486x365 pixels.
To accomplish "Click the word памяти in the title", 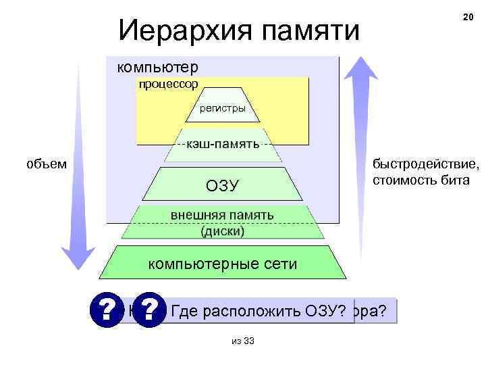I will coord(308,29).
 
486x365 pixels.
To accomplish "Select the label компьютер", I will coord(158,68).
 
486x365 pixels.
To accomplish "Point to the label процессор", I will coord(168,84).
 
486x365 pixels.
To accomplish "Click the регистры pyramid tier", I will coord(223,108).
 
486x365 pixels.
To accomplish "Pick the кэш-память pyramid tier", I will coord(223,145).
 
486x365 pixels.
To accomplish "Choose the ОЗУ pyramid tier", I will coord(223,185).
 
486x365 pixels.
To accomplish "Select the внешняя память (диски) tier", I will coord(222,222).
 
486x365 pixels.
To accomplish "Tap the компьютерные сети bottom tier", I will coord(222,264).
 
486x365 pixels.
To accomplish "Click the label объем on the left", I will coord(47,164).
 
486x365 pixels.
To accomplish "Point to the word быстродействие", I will coord(426,165).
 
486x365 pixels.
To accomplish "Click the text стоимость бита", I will coord(420,180).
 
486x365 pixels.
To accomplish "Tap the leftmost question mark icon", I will coord(106,310).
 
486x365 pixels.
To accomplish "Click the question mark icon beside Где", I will coord(150,310).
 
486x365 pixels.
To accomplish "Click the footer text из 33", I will coord(242,341).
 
